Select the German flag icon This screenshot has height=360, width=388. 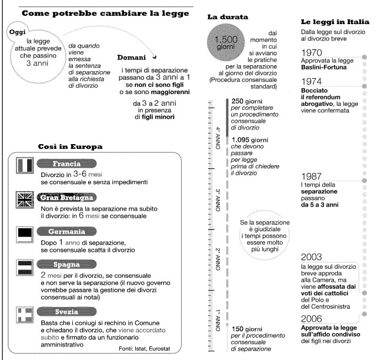[x=24, y=234]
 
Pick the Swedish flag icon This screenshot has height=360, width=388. [x=24, y=313]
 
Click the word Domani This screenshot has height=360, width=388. [x=136, y=58]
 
